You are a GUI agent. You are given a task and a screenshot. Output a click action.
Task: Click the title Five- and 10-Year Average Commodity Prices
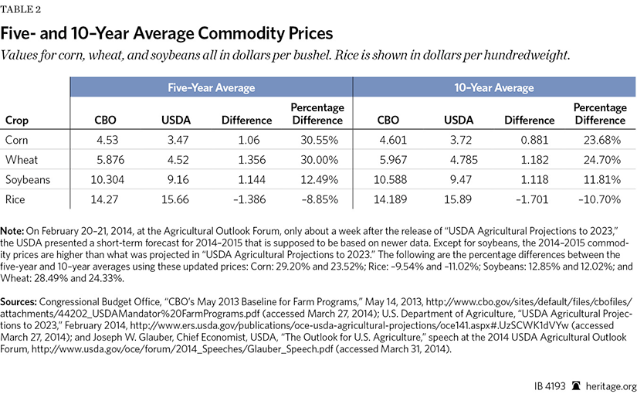[x=167, y=34]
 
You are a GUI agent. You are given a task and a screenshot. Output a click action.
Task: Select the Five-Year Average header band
[x=212, y=87]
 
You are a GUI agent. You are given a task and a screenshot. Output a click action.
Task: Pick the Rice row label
[x=15, y=199]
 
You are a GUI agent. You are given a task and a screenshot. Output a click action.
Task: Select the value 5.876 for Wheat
[x=110, y=159]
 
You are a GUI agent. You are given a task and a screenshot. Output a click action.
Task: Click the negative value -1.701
[x=529, y=199]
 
